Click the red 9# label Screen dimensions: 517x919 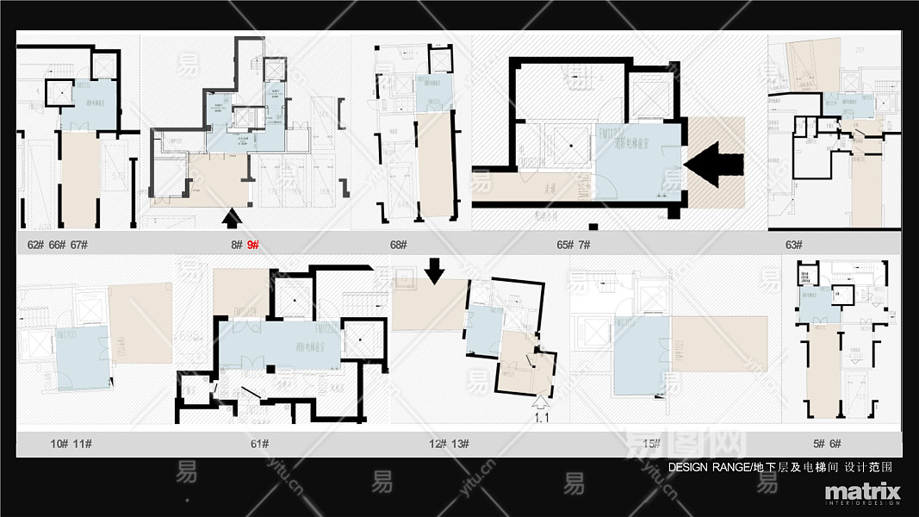point(253,245)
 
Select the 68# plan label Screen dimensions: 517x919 point(398,245)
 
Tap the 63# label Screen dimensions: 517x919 point(793,245)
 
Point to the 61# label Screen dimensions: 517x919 point(260,444)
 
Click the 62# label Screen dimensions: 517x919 point(35,245)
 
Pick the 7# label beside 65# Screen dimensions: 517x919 point(584,245)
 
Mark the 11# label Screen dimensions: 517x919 point(83,444)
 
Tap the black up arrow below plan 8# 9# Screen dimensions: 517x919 point(231,219)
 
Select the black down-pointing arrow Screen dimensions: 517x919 point(435,272)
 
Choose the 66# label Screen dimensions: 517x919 point(58,245)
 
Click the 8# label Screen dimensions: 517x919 point(236,245)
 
